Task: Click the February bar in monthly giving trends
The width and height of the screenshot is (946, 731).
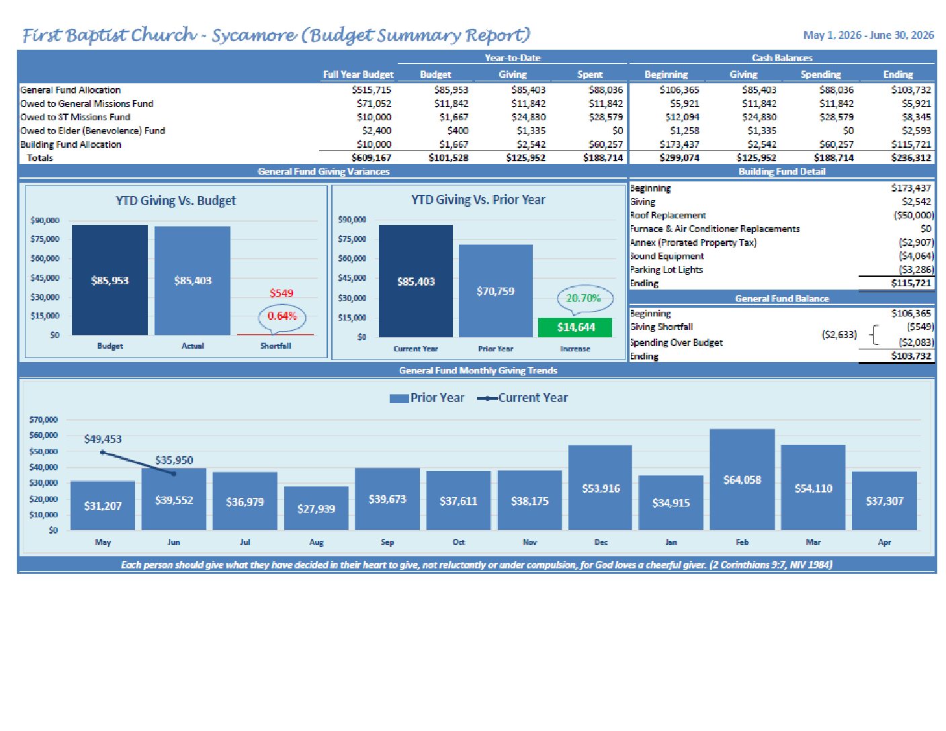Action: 742,479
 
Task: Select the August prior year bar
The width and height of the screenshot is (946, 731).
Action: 316,508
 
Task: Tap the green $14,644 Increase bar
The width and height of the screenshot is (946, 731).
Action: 574,327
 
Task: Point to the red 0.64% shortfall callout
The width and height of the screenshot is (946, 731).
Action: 282,317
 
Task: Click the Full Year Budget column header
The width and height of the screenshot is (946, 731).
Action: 358,75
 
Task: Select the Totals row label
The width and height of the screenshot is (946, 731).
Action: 40,158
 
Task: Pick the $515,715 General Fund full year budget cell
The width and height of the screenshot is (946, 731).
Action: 372,90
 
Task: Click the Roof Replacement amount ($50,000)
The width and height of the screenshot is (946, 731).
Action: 913,215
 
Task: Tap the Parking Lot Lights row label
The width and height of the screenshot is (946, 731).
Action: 666,269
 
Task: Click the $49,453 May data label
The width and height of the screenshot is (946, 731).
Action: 103,439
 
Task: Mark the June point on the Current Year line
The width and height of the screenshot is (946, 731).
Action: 174,474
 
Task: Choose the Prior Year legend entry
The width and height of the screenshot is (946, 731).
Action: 427,398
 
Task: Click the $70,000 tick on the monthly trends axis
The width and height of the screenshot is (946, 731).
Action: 43,420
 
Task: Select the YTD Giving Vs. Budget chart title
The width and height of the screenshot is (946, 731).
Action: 175,201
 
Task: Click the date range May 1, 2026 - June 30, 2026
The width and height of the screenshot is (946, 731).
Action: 869,35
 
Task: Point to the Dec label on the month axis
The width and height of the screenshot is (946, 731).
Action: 601,542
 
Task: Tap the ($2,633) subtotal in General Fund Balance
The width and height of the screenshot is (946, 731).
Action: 839,335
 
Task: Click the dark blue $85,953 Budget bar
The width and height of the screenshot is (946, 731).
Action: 110,280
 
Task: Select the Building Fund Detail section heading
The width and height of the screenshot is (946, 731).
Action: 781,171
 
